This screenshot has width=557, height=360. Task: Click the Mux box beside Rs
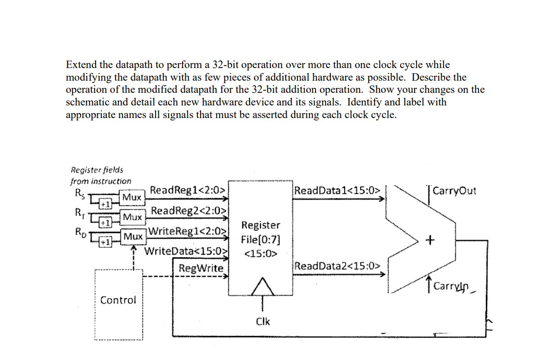[x=132, y=198]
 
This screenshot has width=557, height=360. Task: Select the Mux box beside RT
[x=132, y=217]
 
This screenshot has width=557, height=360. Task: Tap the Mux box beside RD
[x=133, y=237]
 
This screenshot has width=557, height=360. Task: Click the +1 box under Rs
[x=105, y=204]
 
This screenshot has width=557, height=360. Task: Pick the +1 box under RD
[x=105, y=242]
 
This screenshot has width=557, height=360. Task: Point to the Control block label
[x=118, y=300]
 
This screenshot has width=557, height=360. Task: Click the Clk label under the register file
[x=263, y=321]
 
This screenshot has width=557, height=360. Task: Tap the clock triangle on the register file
[x=263, y=287]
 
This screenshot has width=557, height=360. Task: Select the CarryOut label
[x=454, y=191]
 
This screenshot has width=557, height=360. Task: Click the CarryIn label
[x=451, y=286]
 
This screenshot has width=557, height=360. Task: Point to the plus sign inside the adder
[x=430, y=240]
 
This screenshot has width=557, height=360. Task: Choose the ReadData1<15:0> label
[x=337, y=191]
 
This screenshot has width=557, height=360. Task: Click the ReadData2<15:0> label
[x=338, y=266]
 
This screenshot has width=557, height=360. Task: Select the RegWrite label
[x=201, y=268]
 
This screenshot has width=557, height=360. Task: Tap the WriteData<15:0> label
[x=186, y=251]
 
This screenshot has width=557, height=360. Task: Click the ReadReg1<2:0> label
[x=188, y=190]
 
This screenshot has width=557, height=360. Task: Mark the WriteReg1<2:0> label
[x=188, y=231]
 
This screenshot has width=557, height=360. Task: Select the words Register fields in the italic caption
[x=97, y=170]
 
